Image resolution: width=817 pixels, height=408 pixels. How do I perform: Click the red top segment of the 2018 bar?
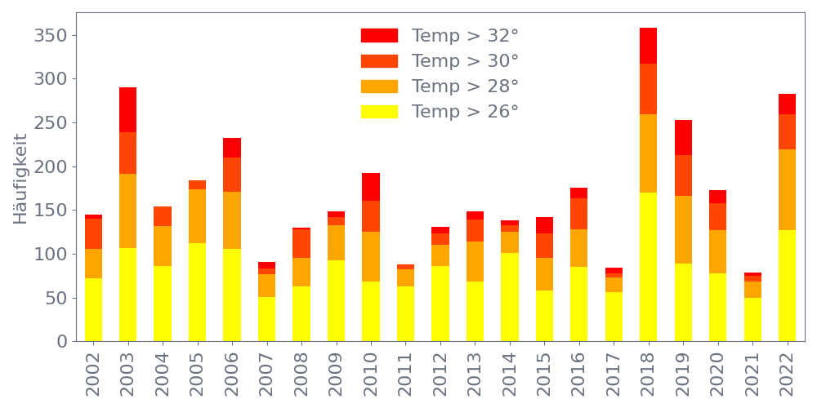pyautogui.click(x=649, y=46)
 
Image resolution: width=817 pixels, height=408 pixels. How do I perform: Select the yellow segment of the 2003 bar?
pyautogui.click(x=127, y=295)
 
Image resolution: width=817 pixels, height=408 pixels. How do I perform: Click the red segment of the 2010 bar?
pyautogui.click(x=371, y=187)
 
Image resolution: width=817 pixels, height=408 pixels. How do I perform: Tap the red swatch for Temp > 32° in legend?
pyautogui.click(x=379, y=36)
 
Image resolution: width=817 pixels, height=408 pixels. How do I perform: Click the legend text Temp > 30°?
pyautogui.click(x=465, y=61)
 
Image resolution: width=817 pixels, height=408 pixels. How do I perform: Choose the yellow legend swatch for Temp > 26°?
pyautogui.click(x=379, y=112)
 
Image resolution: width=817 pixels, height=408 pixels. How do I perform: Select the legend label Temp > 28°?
pyautogui.click(x=465, y=86)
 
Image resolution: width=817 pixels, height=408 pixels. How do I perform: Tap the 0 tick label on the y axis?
pyautogui.click(x=62, y=342)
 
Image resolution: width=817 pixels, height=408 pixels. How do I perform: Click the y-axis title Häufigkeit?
pyautogui.click(x=20, y=179)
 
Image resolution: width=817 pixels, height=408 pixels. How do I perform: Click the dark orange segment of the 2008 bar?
pyautogui.click(x=301, y=244)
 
